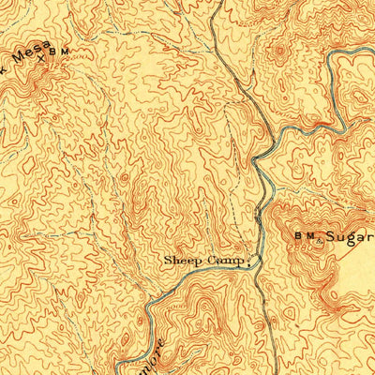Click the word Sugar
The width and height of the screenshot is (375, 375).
point(352,239)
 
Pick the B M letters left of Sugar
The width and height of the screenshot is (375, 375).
point(302,239)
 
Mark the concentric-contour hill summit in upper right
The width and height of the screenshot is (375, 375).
point(278,52)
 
